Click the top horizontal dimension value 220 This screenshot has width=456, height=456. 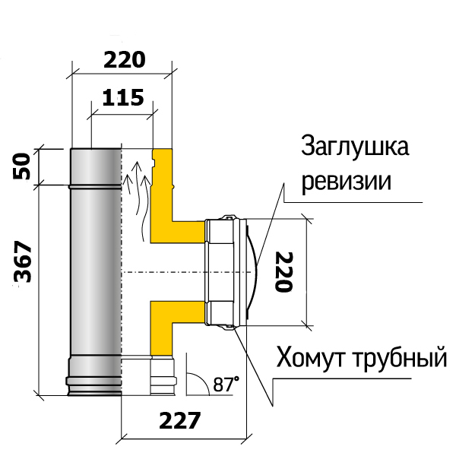click(124, 60)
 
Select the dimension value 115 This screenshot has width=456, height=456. click(123, 97)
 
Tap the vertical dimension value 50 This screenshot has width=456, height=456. click(22, 166)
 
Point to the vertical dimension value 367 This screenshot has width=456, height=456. click(22, 261)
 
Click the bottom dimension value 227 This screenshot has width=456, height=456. click(180, 420)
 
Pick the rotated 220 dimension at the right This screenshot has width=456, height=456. click(283, 272)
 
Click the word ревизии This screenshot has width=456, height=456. click(346, 182)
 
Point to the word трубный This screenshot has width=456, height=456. click(401, 358)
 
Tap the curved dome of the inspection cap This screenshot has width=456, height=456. click(252, 272)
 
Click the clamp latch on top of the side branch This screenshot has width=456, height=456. click(229, 217)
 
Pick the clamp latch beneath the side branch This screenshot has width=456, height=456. click(228, 328)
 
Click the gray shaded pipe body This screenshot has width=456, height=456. click(96, 272)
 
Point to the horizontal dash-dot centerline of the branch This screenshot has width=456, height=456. click(187, 272)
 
